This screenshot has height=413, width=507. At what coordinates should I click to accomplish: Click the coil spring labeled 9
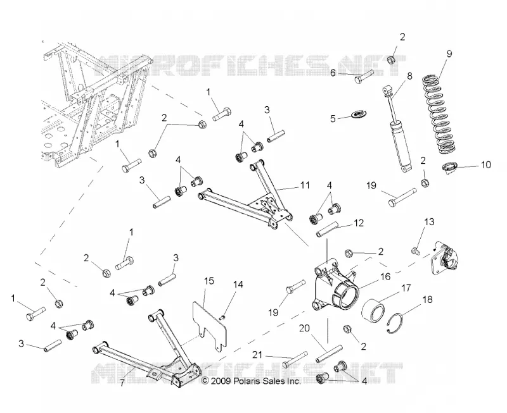pyautogui.click(x=440, y=113)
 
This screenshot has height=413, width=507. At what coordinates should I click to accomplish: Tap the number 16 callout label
pyautogui.click(x=385, y=276)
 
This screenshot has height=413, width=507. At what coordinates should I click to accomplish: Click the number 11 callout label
pyautogui.click(x=305, y=185)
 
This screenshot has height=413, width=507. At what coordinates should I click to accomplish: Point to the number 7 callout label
pyautogui.click(x=122, y=384)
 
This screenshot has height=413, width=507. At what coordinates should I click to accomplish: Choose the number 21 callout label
pyautogui.click(x=257, y=355)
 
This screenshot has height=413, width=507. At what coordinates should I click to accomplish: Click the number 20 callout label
pyautogui.click(x=304, y=328)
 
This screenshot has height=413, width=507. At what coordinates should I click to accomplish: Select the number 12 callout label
pyautogui.click(x=359, y=223)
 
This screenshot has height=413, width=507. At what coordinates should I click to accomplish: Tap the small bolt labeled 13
pyautogui.click(x=416, y=250)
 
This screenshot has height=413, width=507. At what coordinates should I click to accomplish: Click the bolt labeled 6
pyautogui.click(x=364, y=76)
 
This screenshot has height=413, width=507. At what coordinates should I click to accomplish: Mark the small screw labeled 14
pyautogui.click(x=222, y=317)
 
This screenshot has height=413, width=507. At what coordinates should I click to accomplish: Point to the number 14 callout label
pyautogui.click(x=238, y=284)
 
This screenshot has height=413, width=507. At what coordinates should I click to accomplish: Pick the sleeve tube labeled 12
pyautogui.click(x=327, y=229)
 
